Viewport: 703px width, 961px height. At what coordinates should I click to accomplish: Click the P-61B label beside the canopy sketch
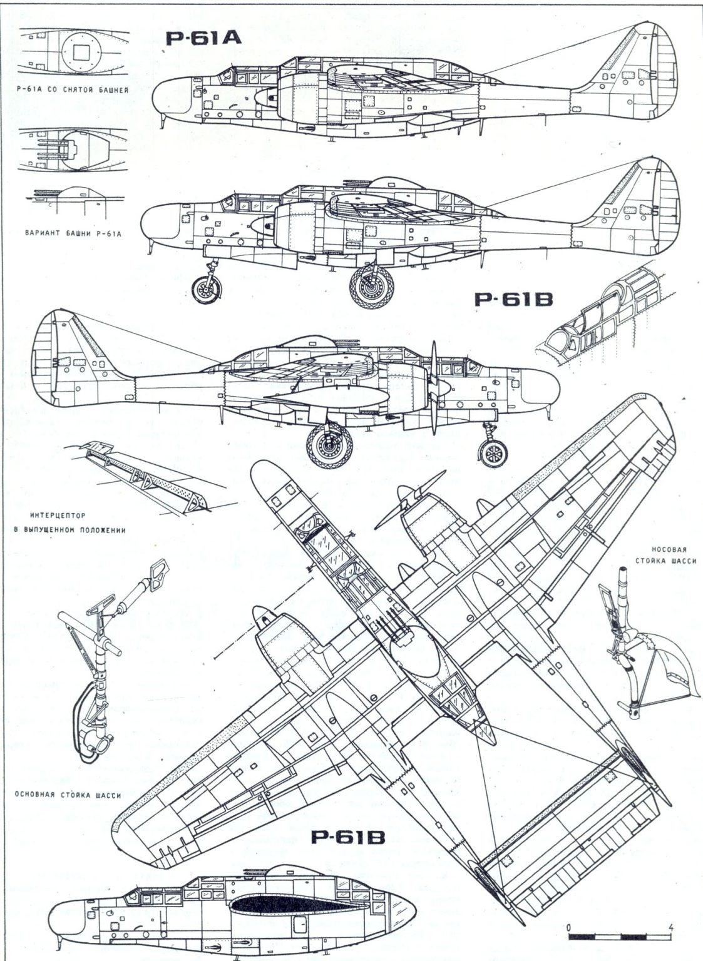point(514,300)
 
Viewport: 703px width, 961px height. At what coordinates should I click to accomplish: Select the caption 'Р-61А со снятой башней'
point(74,90)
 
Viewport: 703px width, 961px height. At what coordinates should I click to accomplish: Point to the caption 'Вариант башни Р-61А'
point(73,234)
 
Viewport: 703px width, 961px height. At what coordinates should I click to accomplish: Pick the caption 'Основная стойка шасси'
point(66,795)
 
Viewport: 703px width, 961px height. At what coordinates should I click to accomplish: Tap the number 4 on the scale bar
point(671,927)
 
